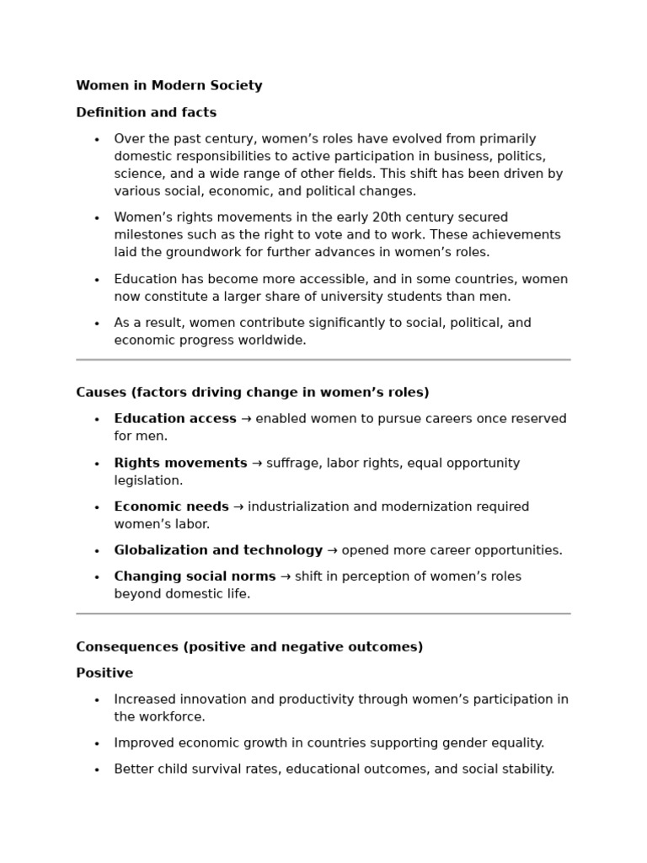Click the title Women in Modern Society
[168, 86]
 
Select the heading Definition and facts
[146, 113]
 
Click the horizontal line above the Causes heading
[323, 360]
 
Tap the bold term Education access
[175, 419]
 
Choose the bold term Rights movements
[180, 464]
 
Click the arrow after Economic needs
[238, 507]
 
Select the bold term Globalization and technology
[218, 550]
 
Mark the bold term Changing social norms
[195, 577]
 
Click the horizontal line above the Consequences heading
[323, 614]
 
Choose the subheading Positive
[104, 673]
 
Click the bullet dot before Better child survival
[97, 770]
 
